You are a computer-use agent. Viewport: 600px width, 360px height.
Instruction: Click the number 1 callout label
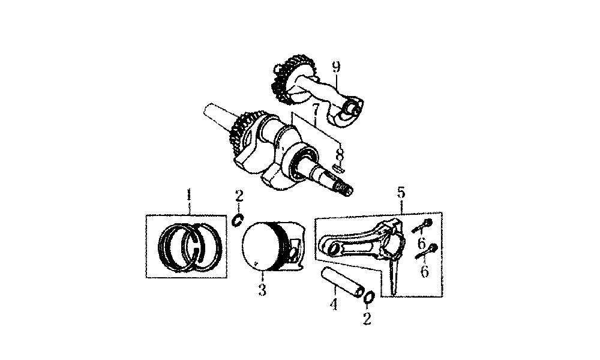point(188,195)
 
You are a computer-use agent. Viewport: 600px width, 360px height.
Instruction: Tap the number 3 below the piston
point(262,290)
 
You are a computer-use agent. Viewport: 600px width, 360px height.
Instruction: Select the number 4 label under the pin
point(334,304)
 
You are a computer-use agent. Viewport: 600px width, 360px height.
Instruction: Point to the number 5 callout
point(401,193)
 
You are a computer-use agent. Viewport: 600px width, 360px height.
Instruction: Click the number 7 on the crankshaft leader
point(316,111)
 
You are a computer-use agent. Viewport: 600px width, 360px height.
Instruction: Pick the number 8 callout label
point(340,155)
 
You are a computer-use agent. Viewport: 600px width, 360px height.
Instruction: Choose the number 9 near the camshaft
point(336,67)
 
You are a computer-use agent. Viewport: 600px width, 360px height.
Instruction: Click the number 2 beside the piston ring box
point(239,196)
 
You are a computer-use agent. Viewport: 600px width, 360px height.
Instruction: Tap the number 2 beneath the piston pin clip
point(367,318)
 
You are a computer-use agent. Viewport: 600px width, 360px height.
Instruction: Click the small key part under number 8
point(339,167)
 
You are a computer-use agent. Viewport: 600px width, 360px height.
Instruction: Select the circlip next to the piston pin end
point(369,297)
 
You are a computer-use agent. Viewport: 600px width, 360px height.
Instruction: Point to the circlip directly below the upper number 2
point(238,220)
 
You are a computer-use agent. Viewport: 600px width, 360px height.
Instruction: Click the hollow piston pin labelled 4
point(342,283)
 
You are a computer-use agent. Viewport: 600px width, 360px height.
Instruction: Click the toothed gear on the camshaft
point(287,80)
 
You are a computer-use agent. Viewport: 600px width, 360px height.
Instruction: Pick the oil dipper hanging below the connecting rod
point(393,275)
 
